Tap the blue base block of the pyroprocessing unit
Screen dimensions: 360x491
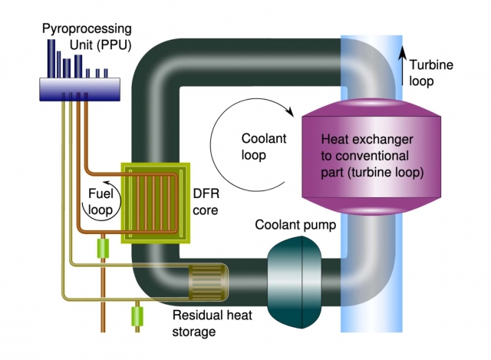click(x=82, y=90)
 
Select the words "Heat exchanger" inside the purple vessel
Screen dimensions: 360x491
click(x=367, y=140)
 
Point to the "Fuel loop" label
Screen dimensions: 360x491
click(x=102, y=201)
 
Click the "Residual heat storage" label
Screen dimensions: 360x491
click(x=205, y=322)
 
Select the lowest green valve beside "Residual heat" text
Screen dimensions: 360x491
click(x=139, y=315)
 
